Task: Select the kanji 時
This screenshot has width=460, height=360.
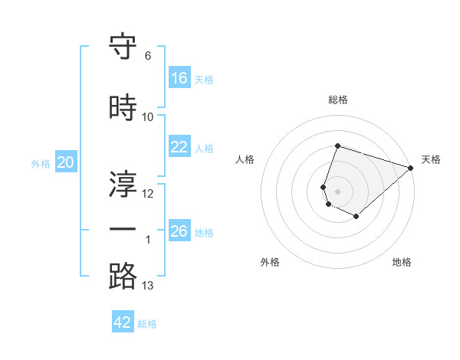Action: click(x=123, y=108)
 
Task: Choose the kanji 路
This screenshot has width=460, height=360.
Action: click(x=123, y=277)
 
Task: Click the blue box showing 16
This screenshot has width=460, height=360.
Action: click(x=179, y=78)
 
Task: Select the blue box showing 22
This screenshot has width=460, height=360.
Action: click(x=179, y=147)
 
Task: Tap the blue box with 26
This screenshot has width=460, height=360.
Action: click(x=179, y=231)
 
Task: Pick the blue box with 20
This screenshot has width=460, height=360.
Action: click(x=66, y=162)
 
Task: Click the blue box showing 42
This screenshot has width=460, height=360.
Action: click(x=123, y=322)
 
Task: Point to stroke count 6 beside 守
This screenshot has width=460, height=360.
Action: click(x=148, y=56)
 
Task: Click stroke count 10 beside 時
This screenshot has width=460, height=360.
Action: click(x=148, y=117)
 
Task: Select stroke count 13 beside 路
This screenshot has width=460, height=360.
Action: click(x=148, y=286)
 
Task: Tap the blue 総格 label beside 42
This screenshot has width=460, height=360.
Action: click(x=147, y=324)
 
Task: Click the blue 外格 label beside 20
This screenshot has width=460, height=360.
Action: click(x=41, y=163)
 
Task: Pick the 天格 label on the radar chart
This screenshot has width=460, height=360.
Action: click(x=431, y=159)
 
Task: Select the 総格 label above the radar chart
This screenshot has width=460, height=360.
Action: click(x=337, y=100)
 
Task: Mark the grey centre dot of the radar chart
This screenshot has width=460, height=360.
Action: click(x=337, y=191)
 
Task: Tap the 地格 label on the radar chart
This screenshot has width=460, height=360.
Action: click(x=402, y=263)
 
